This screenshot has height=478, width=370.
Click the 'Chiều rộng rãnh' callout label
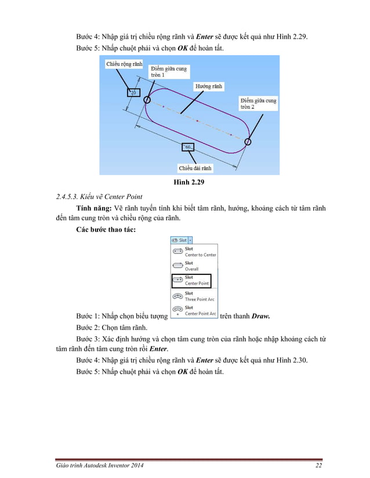[124, 65]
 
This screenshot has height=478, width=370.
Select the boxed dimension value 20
[133, 92]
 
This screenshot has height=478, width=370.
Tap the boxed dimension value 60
[188, 147]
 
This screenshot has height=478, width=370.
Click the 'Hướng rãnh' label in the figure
[209, 86]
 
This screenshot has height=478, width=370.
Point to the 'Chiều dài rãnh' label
[195, 168]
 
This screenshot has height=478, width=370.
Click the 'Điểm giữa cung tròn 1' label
[165, 72]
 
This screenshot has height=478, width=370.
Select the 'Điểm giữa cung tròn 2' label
[258, 104]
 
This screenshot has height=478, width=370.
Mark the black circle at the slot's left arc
[147, 100]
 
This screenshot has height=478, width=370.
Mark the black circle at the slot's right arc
[248, 141]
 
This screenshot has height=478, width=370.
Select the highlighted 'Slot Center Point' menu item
[191, 281]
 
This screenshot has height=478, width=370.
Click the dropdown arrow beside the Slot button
[190, 240]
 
